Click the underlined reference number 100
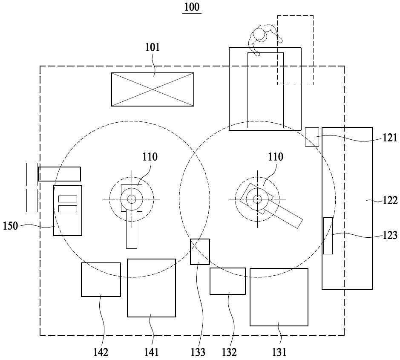pos(192,7)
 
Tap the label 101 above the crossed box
pos(153,47)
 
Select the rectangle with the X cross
pos(153,89)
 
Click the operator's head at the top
pos(259,34)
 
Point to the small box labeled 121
pos(312,137)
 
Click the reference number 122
pos(390,200)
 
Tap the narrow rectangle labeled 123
pos(328,236)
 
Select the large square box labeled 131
pos(279,297)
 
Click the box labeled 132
pos(228,281)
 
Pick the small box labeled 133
pos(200,252)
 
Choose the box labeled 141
pos(152,288)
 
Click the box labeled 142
pos(101,279)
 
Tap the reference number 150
pos(11,226)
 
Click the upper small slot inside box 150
pos(68,199)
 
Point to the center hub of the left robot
pos(132,199)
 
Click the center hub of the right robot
pos(257,199)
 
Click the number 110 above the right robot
pos(276,157)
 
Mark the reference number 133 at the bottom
pos(198,352)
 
